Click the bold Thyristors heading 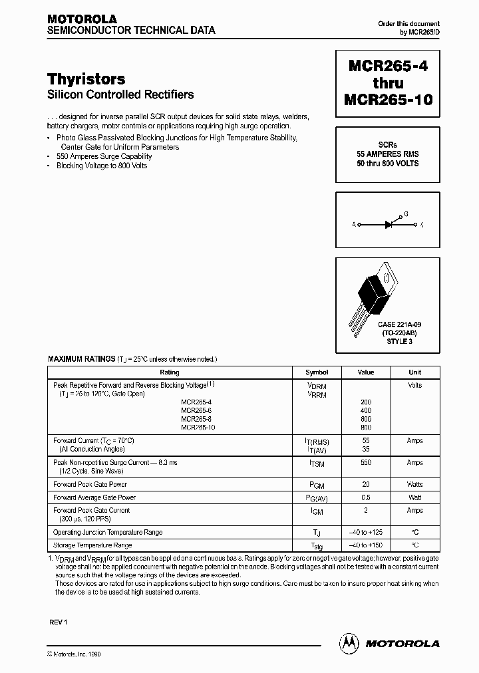86,80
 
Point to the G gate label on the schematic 405,215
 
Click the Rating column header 170,372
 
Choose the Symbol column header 316,372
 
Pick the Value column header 366,372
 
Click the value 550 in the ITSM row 366,463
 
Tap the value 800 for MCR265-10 366,428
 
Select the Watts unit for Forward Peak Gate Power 414,485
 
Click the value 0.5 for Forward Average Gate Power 366,497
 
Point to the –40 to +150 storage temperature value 366,545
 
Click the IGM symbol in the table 316,511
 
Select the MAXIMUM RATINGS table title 81,359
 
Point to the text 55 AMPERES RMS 387,154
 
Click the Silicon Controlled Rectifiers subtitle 120,95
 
